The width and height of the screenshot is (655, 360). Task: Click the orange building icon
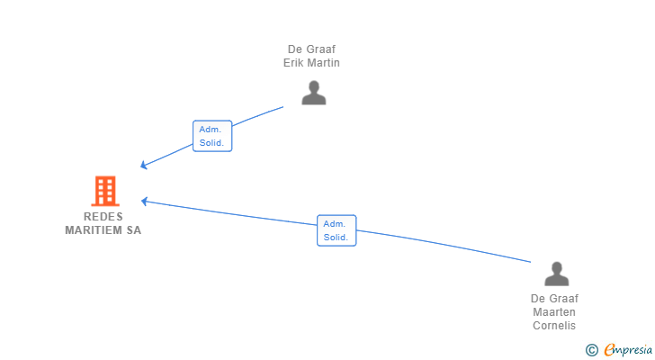tap(105, 191)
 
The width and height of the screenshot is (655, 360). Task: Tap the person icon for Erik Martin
tap(314, 93)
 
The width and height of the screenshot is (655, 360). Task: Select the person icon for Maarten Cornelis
tap(556, 274)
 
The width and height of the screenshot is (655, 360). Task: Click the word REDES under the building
tap(103, 217)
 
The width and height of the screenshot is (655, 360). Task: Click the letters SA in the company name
tap(134, 230)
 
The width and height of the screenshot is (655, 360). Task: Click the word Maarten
tap(554, 312)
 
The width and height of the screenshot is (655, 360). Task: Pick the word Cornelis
tap(554, 325)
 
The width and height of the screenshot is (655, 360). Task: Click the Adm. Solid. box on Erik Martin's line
tap(212, 136)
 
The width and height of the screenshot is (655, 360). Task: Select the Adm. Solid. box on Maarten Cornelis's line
tap(336, 230)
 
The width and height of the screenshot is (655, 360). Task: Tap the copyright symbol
tap(591, 350)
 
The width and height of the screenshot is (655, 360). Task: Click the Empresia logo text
tap(628, 349)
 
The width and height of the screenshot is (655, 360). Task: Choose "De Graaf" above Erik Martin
tap(311, 49)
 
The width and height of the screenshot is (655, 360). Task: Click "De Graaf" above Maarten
tap(554, 299)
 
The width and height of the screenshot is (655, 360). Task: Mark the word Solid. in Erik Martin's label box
tap(211, 143)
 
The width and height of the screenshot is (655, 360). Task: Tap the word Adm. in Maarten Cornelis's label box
tap(334, 224)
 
